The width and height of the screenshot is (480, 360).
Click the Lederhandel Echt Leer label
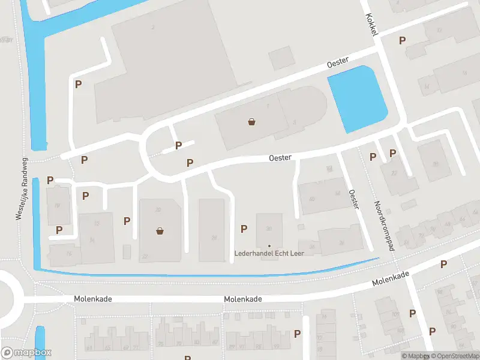269,253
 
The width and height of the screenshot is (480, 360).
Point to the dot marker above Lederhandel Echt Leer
269,245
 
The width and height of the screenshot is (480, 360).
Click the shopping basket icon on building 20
160,230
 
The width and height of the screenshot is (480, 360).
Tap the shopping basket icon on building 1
252,122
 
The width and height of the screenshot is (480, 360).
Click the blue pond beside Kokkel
358,99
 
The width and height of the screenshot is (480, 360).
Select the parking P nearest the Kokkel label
402,40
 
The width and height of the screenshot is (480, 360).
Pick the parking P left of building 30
244,228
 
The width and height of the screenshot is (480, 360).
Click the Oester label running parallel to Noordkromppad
354,199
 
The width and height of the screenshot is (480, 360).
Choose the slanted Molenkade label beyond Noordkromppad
390,278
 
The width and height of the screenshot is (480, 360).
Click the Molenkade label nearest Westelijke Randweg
93,298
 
